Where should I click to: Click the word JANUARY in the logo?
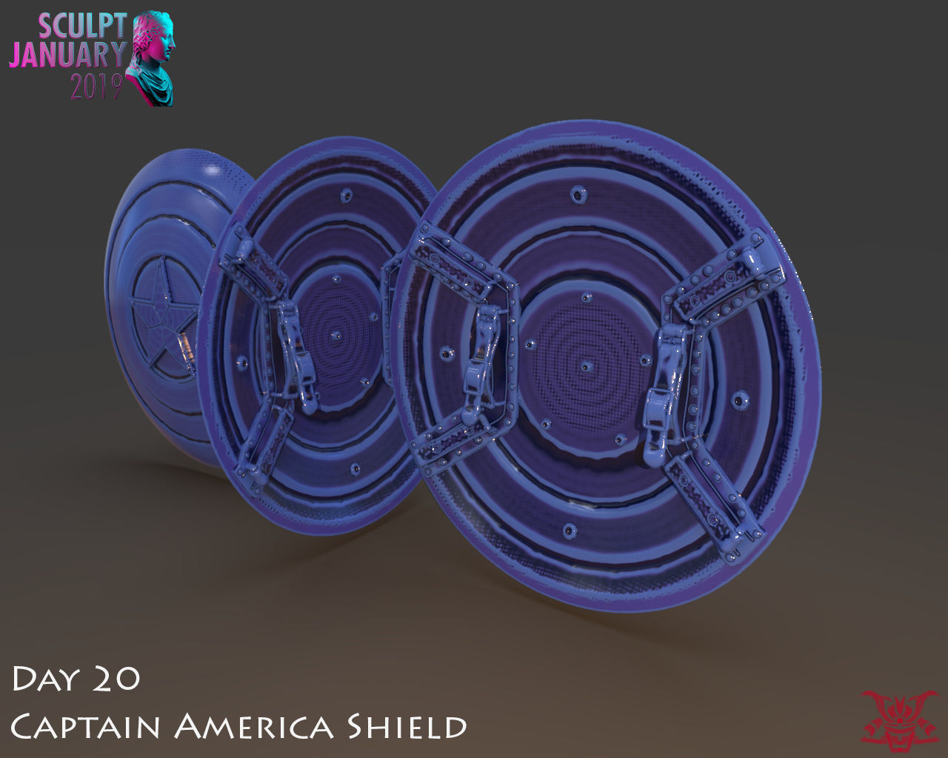point(68,56)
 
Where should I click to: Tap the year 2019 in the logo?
point(96,87)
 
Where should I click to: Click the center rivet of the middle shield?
point(336,334)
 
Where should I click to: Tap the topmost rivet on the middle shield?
point(344,196)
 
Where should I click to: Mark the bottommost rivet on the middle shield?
point(356,469)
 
